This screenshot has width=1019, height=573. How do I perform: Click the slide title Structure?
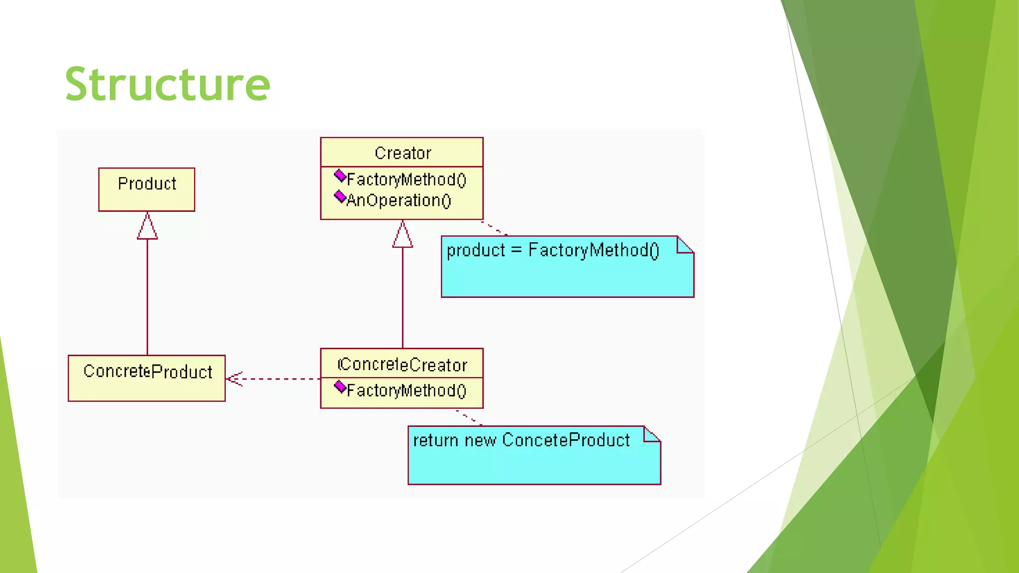coord(167,84)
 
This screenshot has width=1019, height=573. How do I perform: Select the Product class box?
coord(147,190)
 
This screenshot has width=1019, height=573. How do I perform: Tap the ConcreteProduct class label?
coord(148,372)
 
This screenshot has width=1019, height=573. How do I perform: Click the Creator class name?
coord(403,153)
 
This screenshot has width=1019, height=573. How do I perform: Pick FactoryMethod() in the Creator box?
coord(406,180)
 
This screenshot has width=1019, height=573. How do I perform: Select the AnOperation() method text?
coord(399,200)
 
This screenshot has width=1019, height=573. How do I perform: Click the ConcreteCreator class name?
coord(403,365)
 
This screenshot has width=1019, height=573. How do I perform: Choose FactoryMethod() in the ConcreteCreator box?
coord(406,390)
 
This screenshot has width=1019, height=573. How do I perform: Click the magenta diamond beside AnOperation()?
coord(340,197)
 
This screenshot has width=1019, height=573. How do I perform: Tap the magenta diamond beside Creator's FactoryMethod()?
coord(340,176)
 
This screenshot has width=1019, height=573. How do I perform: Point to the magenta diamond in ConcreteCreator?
coord(340,386)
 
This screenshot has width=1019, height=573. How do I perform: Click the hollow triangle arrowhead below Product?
coord(147,227)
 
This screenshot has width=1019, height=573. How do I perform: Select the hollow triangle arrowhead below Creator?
coord(403,235)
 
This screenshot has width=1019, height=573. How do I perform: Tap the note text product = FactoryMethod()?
coord(553,250)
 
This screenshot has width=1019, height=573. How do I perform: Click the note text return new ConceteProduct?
coord(521,440)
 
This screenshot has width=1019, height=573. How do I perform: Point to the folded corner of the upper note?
coord(686,245)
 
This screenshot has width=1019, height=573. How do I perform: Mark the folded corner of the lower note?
coord(652,434)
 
